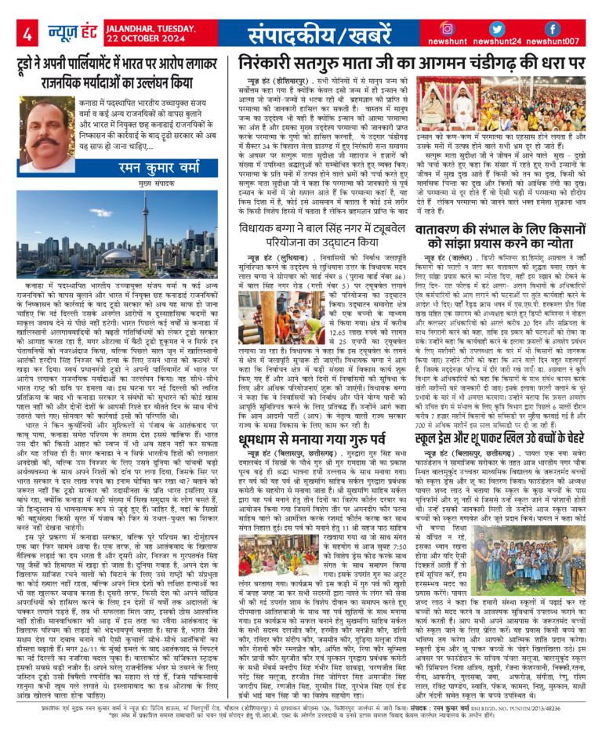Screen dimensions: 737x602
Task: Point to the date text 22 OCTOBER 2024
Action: click(139, 41)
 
